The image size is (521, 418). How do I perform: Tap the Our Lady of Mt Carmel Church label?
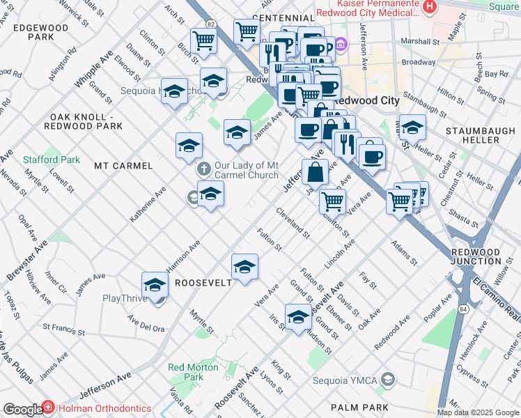[247, 170]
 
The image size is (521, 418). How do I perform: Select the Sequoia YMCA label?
[353, 380]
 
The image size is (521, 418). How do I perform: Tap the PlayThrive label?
[124, 298]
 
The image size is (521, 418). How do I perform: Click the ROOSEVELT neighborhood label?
[203, 283]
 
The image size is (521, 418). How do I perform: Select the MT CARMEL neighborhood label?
[123, 166]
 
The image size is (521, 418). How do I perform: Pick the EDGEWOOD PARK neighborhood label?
[40, 32]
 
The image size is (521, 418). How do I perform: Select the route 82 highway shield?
[210, 24]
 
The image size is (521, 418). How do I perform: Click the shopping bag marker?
[315, 172]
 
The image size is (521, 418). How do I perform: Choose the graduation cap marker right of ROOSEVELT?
[244, 267]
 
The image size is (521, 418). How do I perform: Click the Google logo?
[22, 410]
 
